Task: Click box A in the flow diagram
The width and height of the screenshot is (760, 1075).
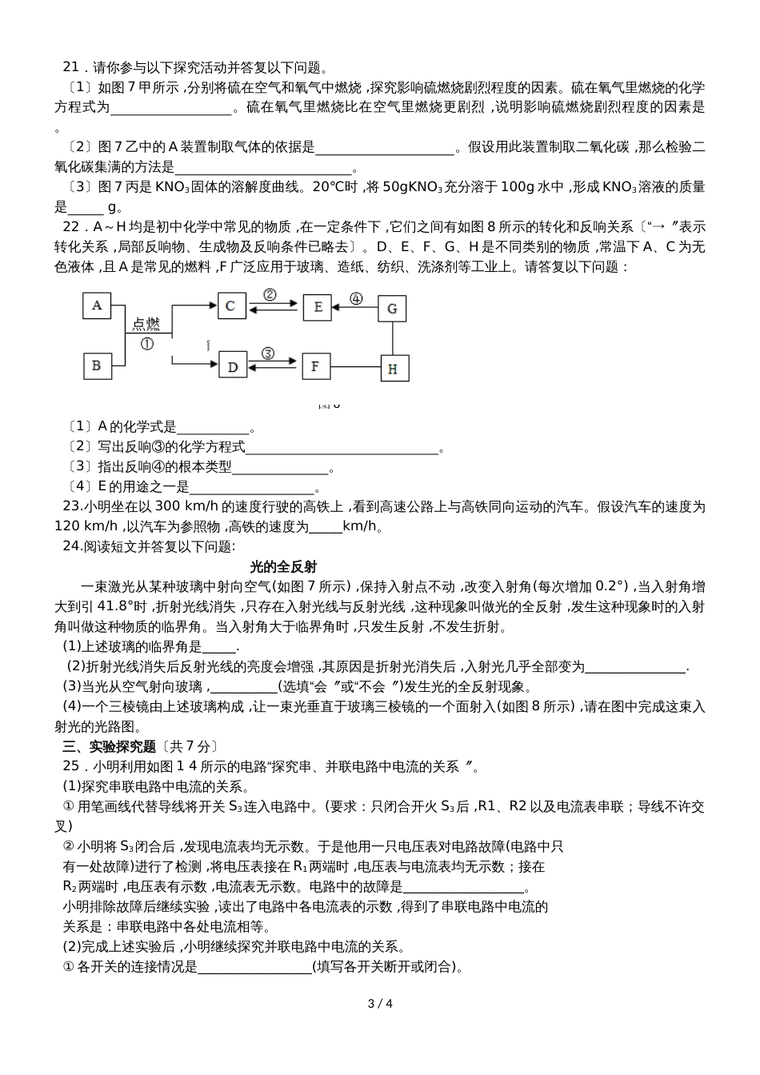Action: coord(97,306)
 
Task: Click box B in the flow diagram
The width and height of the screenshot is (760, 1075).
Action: coord(97,366)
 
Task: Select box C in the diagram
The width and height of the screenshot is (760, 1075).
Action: coord(231,306)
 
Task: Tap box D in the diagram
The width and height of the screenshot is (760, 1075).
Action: coord(233,366)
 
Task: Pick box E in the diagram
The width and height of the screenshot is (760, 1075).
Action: coord(318,306)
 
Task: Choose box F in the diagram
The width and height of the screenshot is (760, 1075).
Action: coord(315,366)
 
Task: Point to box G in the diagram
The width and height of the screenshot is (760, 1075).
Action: coord(392,308)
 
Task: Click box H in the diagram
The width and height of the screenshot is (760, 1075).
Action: coord(392,368)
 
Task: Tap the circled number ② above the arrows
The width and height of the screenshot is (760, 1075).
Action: coord(270,294)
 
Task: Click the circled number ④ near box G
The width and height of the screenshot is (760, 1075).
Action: coord(356,299)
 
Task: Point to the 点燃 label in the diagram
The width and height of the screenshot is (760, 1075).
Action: coord(146,324)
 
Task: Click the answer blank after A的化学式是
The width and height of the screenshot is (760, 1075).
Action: coord(213,428)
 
